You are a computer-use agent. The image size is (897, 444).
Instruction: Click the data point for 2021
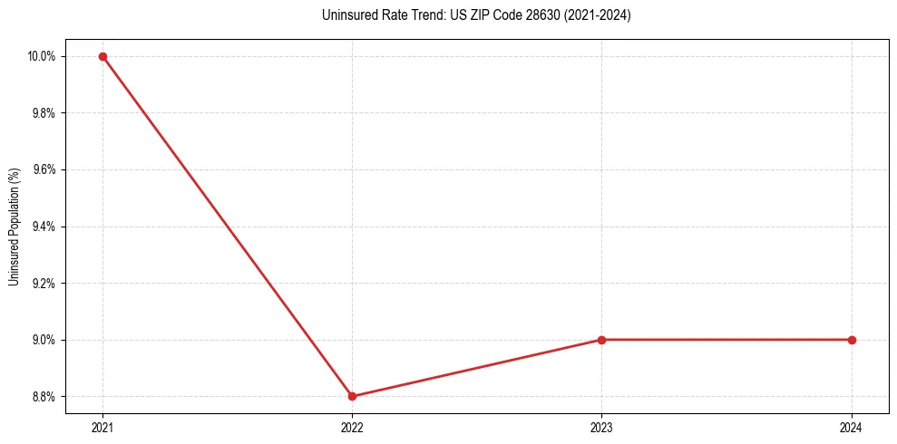102,56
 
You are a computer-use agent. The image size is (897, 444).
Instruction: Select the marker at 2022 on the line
352,396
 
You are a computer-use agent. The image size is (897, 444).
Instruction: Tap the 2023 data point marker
602,340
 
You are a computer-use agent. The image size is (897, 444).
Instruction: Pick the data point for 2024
852,340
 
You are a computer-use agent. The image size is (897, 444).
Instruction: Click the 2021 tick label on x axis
102,427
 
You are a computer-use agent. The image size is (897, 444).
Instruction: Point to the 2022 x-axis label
352,427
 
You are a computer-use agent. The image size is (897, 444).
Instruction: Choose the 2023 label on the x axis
602,427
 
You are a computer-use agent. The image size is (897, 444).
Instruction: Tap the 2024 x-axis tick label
852,427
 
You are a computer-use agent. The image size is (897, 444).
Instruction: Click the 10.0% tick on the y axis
42,56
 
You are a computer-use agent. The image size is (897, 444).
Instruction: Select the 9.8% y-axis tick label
44,113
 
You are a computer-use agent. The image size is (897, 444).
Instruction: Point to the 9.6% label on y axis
44,169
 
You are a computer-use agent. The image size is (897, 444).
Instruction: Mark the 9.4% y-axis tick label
44,227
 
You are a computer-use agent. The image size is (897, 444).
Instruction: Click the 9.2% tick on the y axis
44,283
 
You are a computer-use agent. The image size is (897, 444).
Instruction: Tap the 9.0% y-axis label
44,340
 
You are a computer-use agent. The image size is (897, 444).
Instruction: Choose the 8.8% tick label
44,396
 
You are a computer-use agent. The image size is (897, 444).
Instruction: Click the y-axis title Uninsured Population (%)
14,227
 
